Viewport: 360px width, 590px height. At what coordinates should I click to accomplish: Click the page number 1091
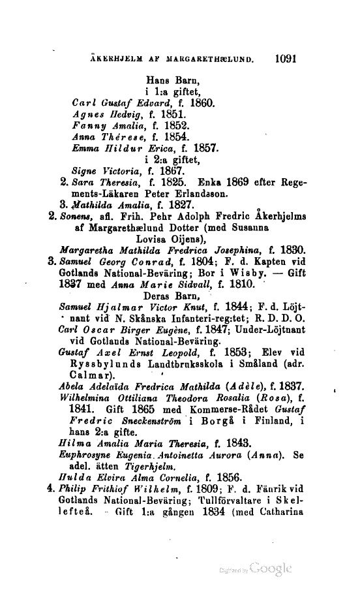point(286,57)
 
